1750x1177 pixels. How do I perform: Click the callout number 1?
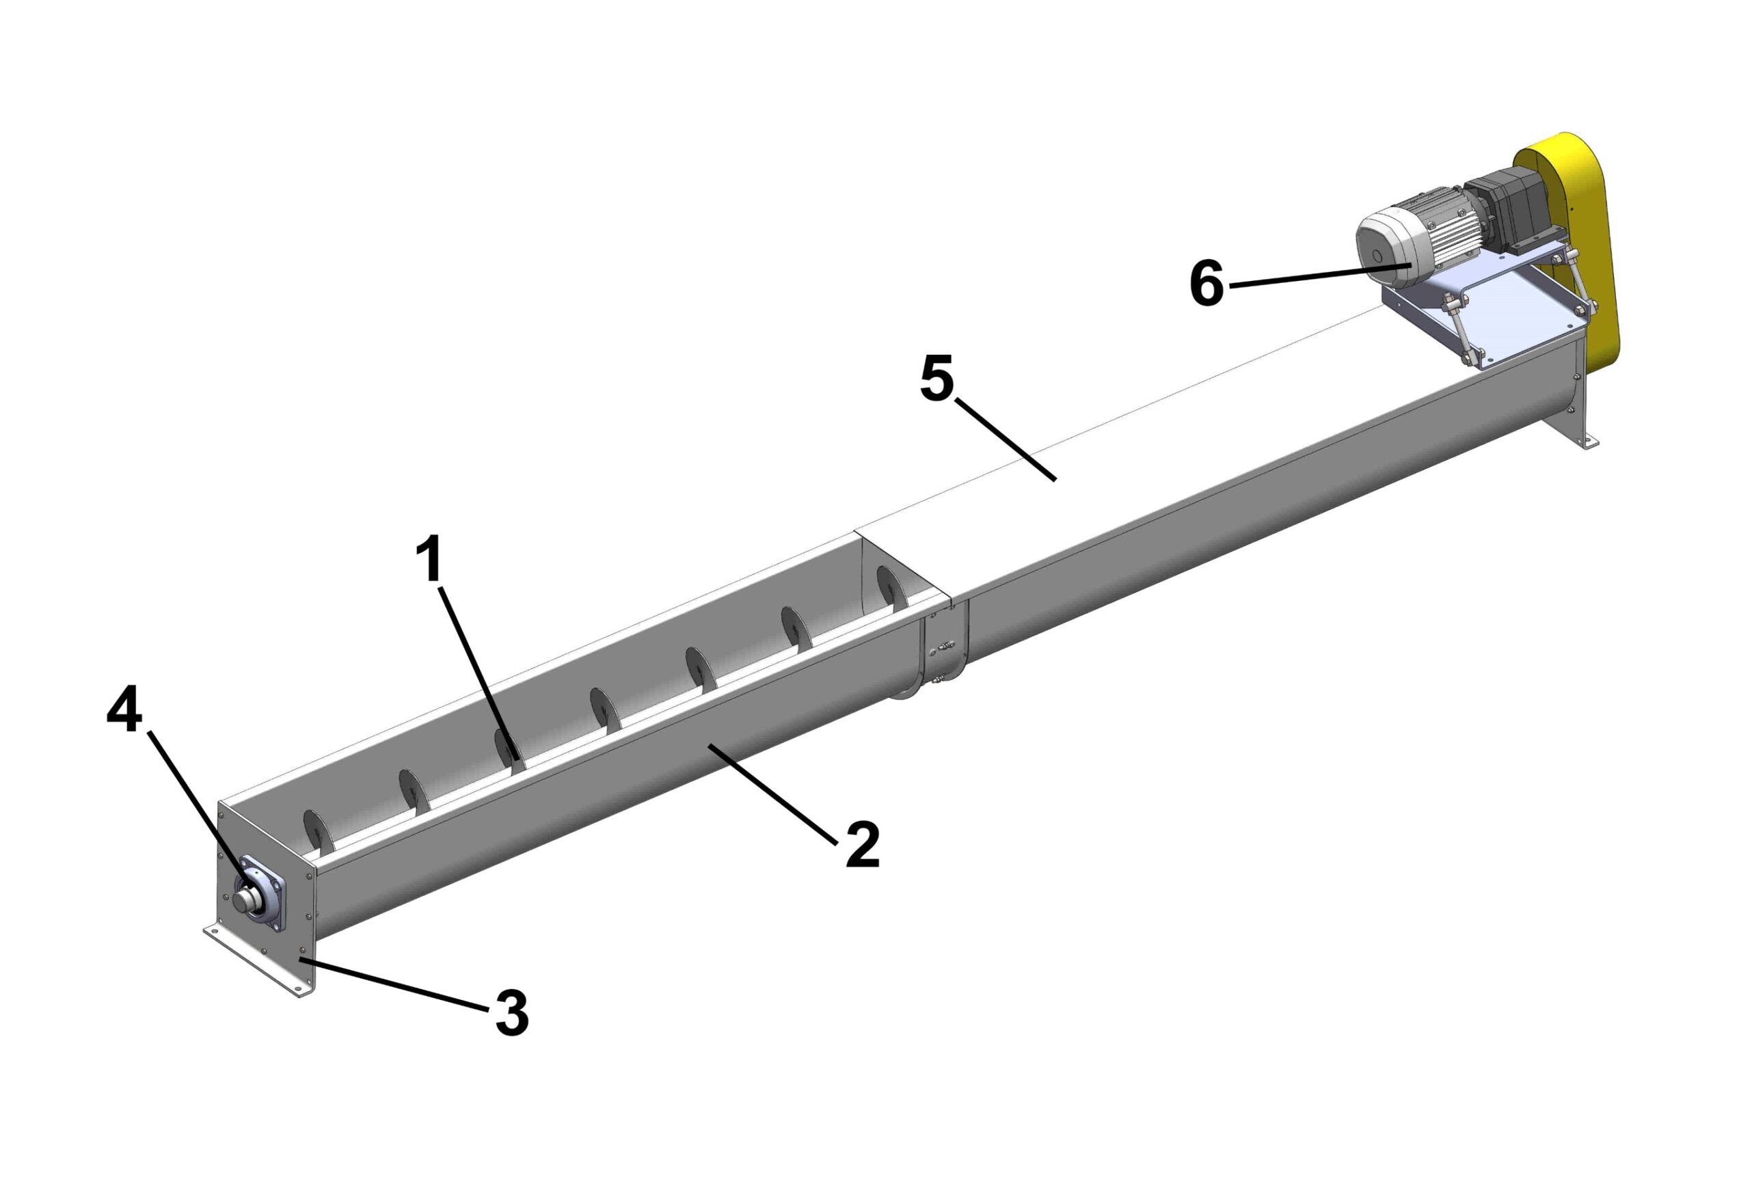point(431,559)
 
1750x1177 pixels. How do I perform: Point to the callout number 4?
point(124,710)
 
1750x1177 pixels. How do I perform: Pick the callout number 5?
point(937,379)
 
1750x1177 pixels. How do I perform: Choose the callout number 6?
point(1207,284)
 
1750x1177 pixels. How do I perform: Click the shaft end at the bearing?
point(243,899)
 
